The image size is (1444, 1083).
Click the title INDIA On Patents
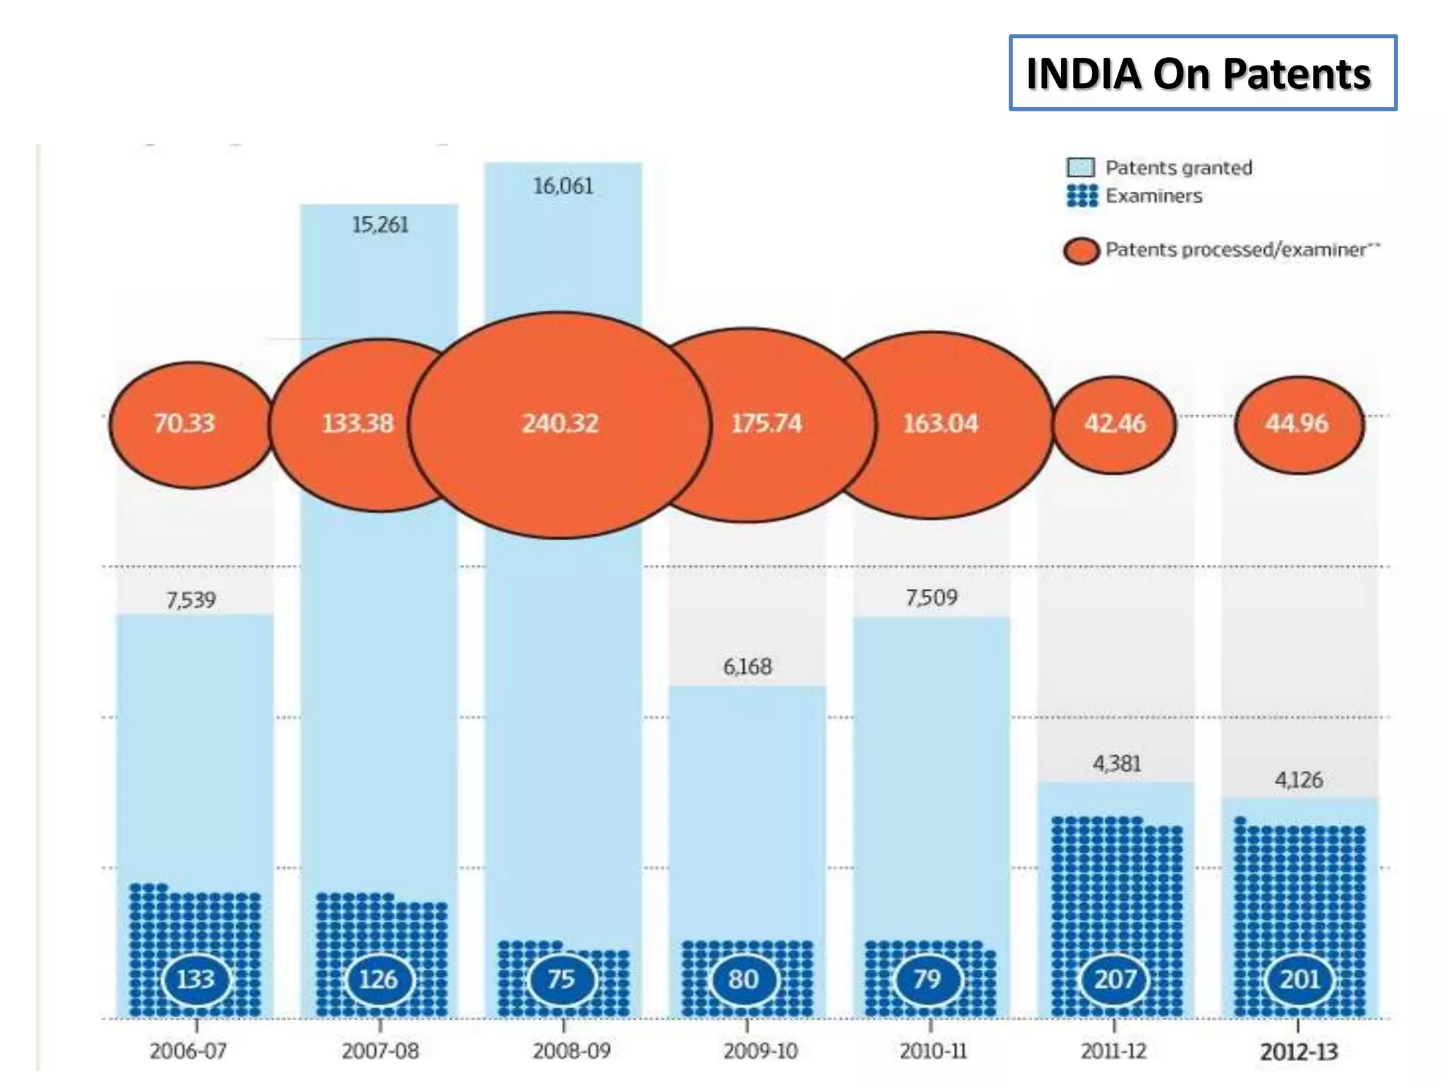click(1202, 73)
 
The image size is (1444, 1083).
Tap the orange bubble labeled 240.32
click(559, 424)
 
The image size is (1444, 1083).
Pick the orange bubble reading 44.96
click(1299, 424)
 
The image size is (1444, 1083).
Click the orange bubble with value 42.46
click(1115, 424)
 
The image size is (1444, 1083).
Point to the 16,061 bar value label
click(563, 186)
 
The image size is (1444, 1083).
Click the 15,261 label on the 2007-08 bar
click(379, 225)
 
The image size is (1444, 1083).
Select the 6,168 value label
click(747, 666)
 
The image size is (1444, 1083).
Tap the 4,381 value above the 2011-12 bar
click(1116, 763)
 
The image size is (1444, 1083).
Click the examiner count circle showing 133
click(195, 979)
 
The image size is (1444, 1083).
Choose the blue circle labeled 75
click(562, 979)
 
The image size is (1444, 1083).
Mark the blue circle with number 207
click(1115, 979)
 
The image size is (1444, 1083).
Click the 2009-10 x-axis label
click(760, 1051)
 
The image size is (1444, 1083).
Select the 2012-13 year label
click(1298, 1052)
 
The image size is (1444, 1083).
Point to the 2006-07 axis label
click(188, 1051)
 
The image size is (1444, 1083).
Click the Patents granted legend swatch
click(1080, 168)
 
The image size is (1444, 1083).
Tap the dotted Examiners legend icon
click(1082, 195)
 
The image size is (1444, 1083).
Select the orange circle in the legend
click(1081, 250)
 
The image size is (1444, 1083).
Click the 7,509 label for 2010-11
click(931, 598)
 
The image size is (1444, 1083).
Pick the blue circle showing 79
click(927, 979)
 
